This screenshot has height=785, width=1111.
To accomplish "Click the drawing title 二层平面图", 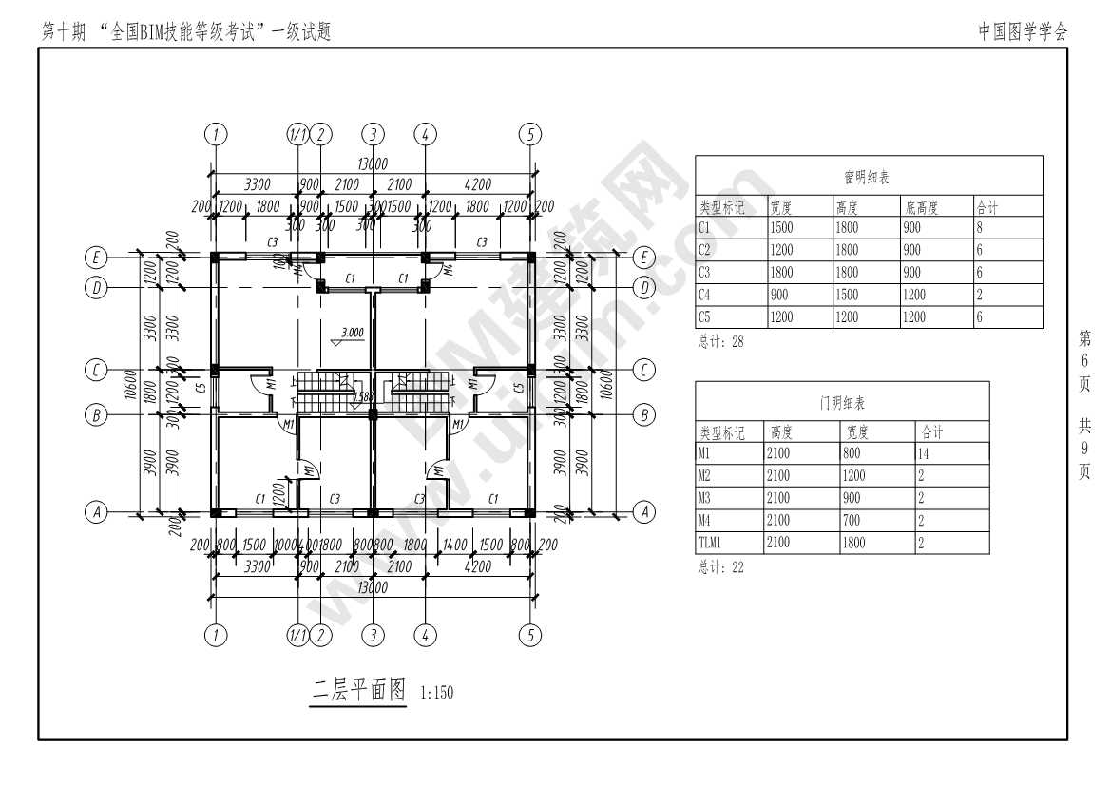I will [359, 689].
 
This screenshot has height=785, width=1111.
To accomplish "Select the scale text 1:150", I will [437, 693].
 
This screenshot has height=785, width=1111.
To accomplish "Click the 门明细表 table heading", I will [842, 403].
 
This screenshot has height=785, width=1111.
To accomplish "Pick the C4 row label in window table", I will [704, 295].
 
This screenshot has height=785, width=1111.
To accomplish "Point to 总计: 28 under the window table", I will [721, 342].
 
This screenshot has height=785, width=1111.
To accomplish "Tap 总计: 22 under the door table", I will [721, 567].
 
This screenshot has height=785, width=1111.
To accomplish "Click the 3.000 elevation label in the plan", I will [352, 333].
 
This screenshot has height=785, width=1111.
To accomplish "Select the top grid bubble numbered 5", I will [530, 134].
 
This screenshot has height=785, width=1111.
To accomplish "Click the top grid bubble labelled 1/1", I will [297, 134].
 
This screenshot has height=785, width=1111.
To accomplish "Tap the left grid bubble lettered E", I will [95, 258].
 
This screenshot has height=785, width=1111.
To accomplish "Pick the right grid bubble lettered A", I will [644, 512].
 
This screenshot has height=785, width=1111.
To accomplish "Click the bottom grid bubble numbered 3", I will [374, 636].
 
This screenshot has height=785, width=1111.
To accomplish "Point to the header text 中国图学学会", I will [1023, 31].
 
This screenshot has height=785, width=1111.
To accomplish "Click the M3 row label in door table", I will [704, 498].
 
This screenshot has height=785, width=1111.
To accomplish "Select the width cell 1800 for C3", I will [781, 273].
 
